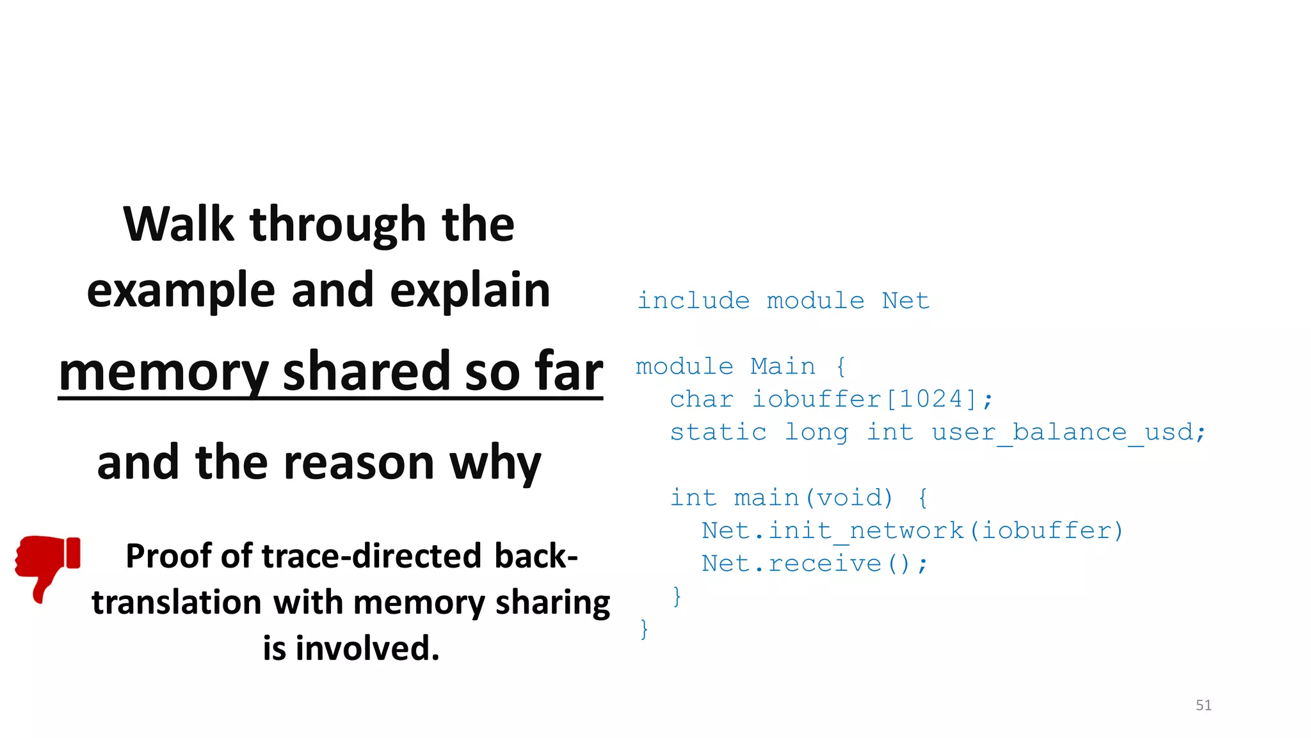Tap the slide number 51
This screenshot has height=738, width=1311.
pyautogui.click(x=1203, y=705)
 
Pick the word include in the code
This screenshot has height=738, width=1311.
pyautogui.click(x=693, y=300)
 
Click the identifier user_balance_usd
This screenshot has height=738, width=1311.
pyautogui.click(x=1068, y=432)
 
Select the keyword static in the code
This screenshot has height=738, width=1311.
pyautogui.click(x=718, y=432)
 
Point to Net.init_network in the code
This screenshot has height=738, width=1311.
pyautogui.click(x=832, y=530)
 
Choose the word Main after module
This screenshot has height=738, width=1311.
pyautogui.click(x=783, y=366)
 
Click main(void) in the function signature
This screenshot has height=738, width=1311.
pyautogui.click(x=813, y=498)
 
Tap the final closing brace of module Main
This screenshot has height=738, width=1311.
pyautogui.click(x=644, y=629)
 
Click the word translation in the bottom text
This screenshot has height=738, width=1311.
pyautogui.click(x=177, y=602)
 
